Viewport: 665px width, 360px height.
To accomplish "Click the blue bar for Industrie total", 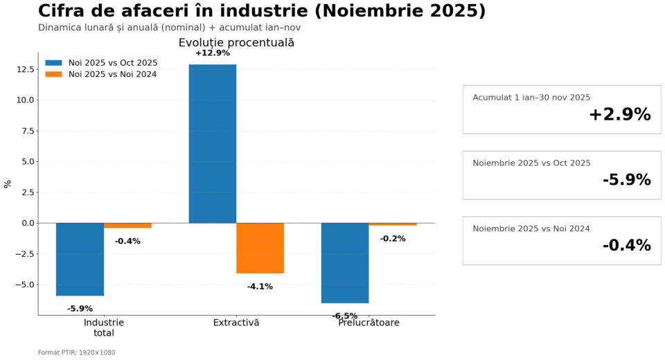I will coord(80,259).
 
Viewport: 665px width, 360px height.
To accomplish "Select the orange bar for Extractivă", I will coord(260,248).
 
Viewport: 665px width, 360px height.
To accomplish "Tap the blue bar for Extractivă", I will coord(213,143).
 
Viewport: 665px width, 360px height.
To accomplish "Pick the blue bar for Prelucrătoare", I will coord(345,262).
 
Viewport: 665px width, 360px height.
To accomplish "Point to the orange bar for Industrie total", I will coord(127,226).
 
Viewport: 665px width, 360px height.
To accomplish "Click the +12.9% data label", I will coord(213,53).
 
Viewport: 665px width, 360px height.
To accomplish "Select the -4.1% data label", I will coord(260,287).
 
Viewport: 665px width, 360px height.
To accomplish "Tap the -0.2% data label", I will coord(393,239).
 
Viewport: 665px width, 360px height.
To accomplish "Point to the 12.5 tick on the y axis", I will coord(26,69).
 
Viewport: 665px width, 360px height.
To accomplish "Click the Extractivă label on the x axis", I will coord(236,323).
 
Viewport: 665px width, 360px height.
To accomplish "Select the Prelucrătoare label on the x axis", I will coord(369,323).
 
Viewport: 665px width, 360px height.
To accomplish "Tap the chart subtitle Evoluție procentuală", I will coord(236,43).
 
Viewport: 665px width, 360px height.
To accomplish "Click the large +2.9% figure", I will coord(619,115).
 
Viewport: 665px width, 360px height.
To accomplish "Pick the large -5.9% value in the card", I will coord(626,180).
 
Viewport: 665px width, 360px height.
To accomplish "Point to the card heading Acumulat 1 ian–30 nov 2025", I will coord(531,98).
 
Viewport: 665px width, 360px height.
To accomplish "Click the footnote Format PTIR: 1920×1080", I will coord(76,352).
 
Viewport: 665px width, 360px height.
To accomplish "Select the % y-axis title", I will coord(8,183).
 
